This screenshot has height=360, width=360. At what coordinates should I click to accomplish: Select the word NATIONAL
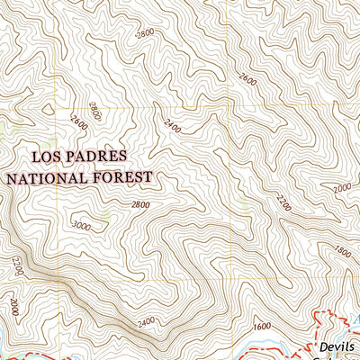click(46, 177)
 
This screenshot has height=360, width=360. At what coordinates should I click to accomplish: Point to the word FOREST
click(124, 177)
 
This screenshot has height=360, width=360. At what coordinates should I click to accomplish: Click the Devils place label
click(337, 346)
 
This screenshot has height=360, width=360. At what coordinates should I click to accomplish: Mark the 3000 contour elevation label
click(83, 225)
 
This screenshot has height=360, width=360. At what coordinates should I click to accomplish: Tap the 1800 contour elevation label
click(341, 251)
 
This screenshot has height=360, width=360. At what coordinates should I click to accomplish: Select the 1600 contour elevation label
click(262, 326)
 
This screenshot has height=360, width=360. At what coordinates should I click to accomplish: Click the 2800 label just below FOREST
click(140, 204)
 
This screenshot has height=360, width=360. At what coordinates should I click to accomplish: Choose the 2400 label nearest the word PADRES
click(173, 128)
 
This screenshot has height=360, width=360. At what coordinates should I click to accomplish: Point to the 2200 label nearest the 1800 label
click(285, 197)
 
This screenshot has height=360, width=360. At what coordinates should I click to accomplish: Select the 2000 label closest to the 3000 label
click(13, 305)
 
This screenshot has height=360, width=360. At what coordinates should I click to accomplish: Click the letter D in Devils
click(323, 346)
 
